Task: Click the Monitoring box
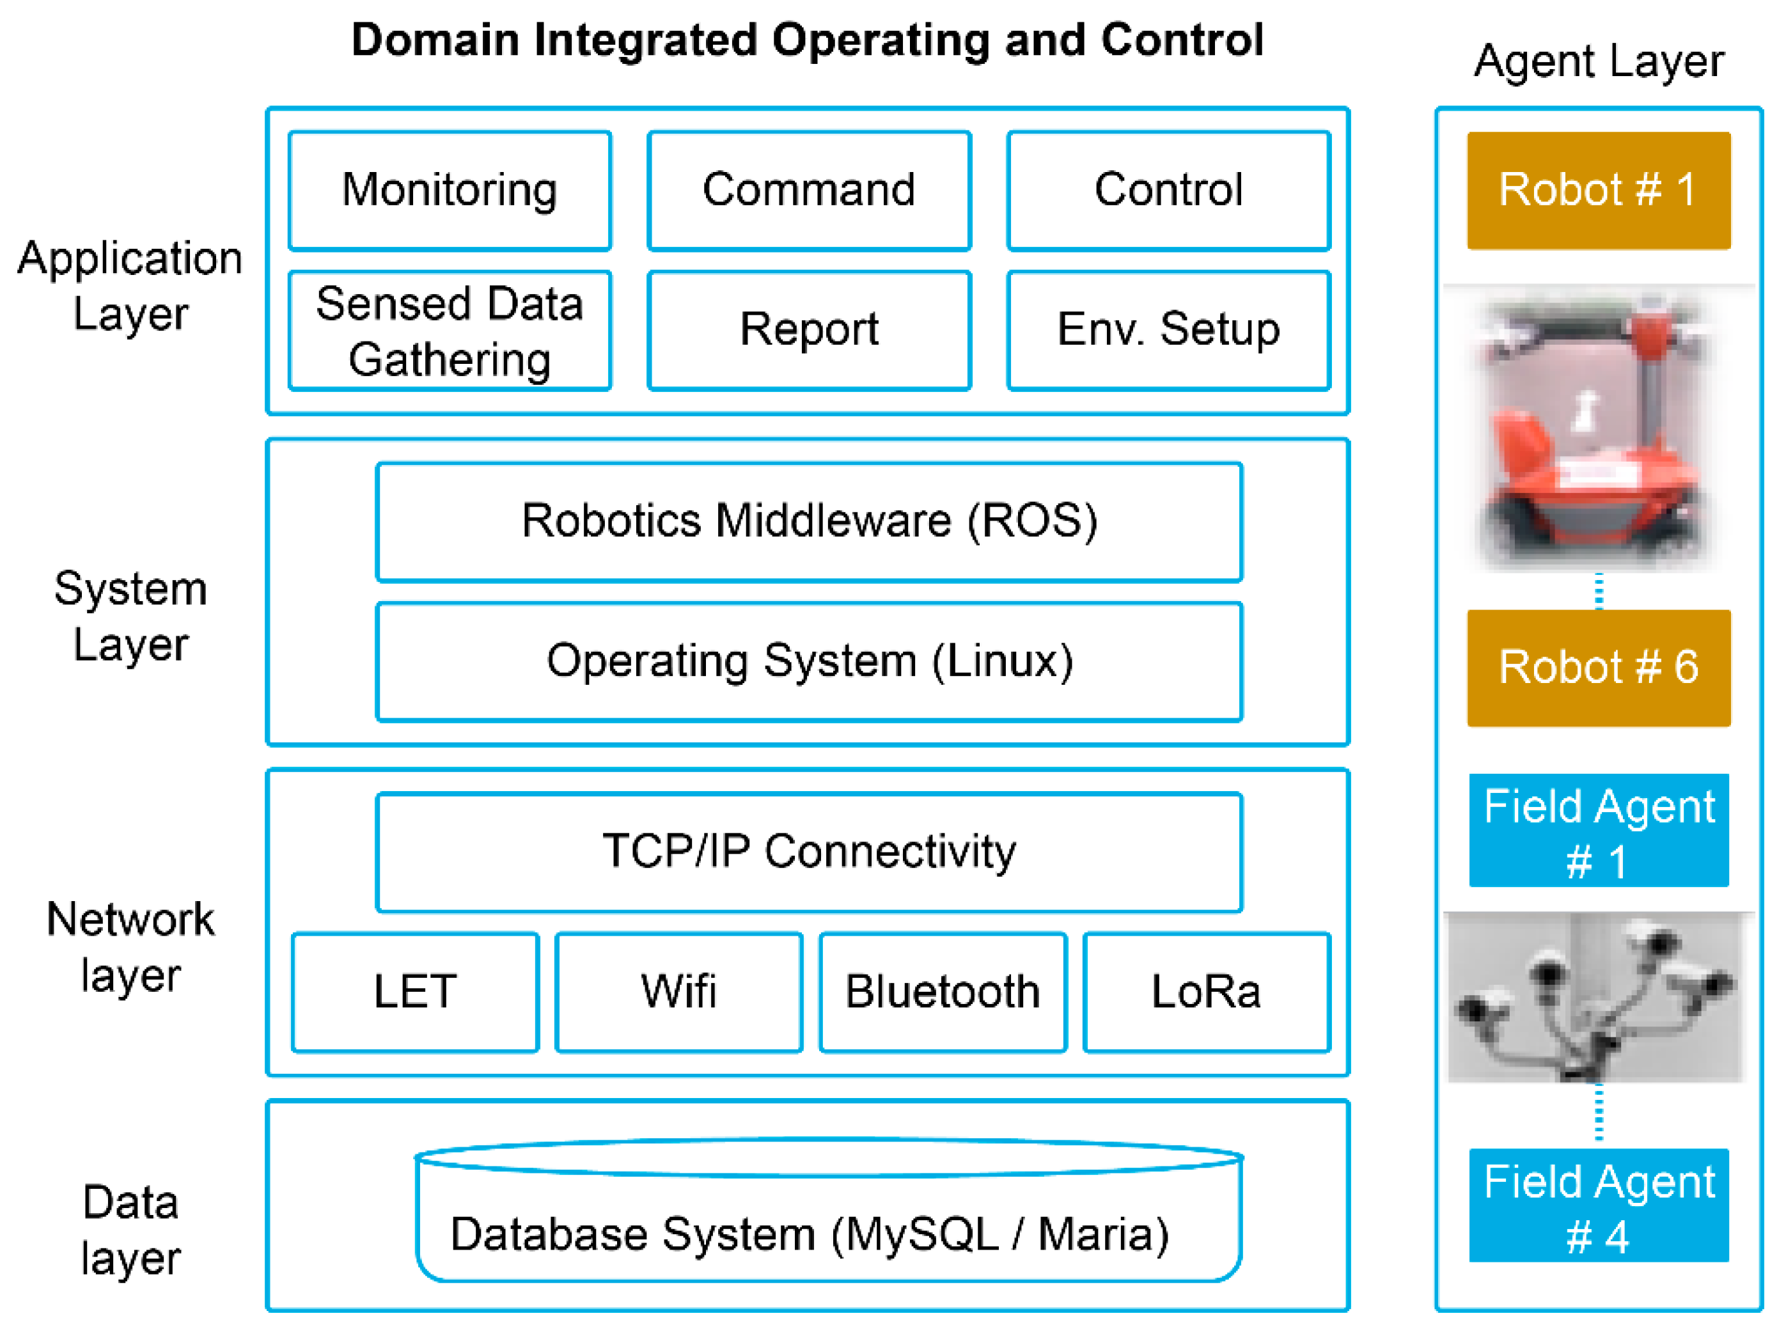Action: click(x=450, y=191)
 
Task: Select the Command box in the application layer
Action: click(x=809, y=191)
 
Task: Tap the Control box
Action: click(x=1168, y=191)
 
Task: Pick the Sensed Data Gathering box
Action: click(x=450, y=331)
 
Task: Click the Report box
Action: click(x=809, y=331)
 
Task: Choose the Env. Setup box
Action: click(x=1168, y=331)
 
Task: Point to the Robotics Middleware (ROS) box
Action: click(x=809, y=522)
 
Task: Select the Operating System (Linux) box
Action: click(x=809, y=661)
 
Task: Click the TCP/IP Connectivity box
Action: click(x=809, y=852)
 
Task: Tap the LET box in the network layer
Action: click(x=415, y=993)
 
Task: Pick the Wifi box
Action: click(x=679, y=993)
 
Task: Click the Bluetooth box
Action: click(x=943, y=993)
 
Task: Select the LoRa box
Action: click(x=1206, y=993)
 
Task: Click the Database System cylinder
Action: click(x=828, y=1211)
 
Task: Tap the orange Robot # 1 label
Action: click(x=1599, y=191)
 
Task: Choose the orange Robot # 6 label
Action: click(x=1599, y=668)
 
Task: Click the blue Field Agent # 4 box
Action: click(x=1599, y=1205)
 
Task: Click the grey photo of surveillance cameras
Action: click(x=1597, y=997)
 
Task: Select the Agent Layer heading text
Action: click(x=1599, y=61)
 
